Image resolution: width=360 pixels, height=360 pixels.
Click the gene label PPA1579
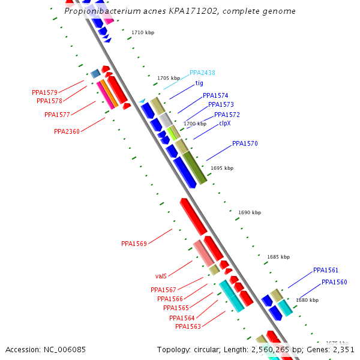pos(44,92)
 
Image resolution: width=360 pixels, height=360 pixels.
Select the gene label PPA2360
pos(67,131)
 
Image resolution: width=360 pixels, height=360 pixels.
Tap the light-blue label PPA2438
pos(202,73)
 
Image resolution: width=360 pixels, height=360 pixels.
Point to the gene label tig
pos(199,83)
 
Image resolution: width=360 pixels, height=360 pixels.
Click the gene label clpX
pos(224,123)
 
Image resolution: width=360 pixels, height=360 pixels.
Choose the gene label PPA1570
pos(245,143)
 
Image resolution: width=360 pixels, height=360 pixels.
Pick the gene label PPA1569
pos(134,244)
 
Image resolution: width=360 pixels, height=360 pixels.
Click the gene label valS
pos(161,276)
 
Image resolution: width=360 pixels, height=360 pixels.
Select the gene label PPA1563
pos(188,326)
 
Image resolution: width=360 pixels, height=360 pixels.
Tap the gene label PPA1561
pos(326,270)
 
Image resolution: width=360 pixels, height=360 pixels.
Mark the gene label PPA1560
pos(334,282)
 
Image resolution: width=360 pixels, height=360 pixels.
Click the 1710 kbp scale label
pos(143,32)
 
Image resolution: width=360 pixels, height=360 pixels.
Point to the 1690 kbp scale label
pos(250,212)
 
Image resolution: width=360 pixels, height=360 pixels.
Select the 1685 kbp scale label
pos(278,257)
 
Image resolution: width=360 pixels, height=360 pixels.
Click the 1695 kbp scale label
pos(222,168)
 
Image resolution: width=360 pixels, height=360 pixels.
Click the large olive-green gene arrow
pos(194,167)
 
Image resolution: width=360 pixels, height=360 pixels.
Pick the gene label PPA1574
pos(215,95)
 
